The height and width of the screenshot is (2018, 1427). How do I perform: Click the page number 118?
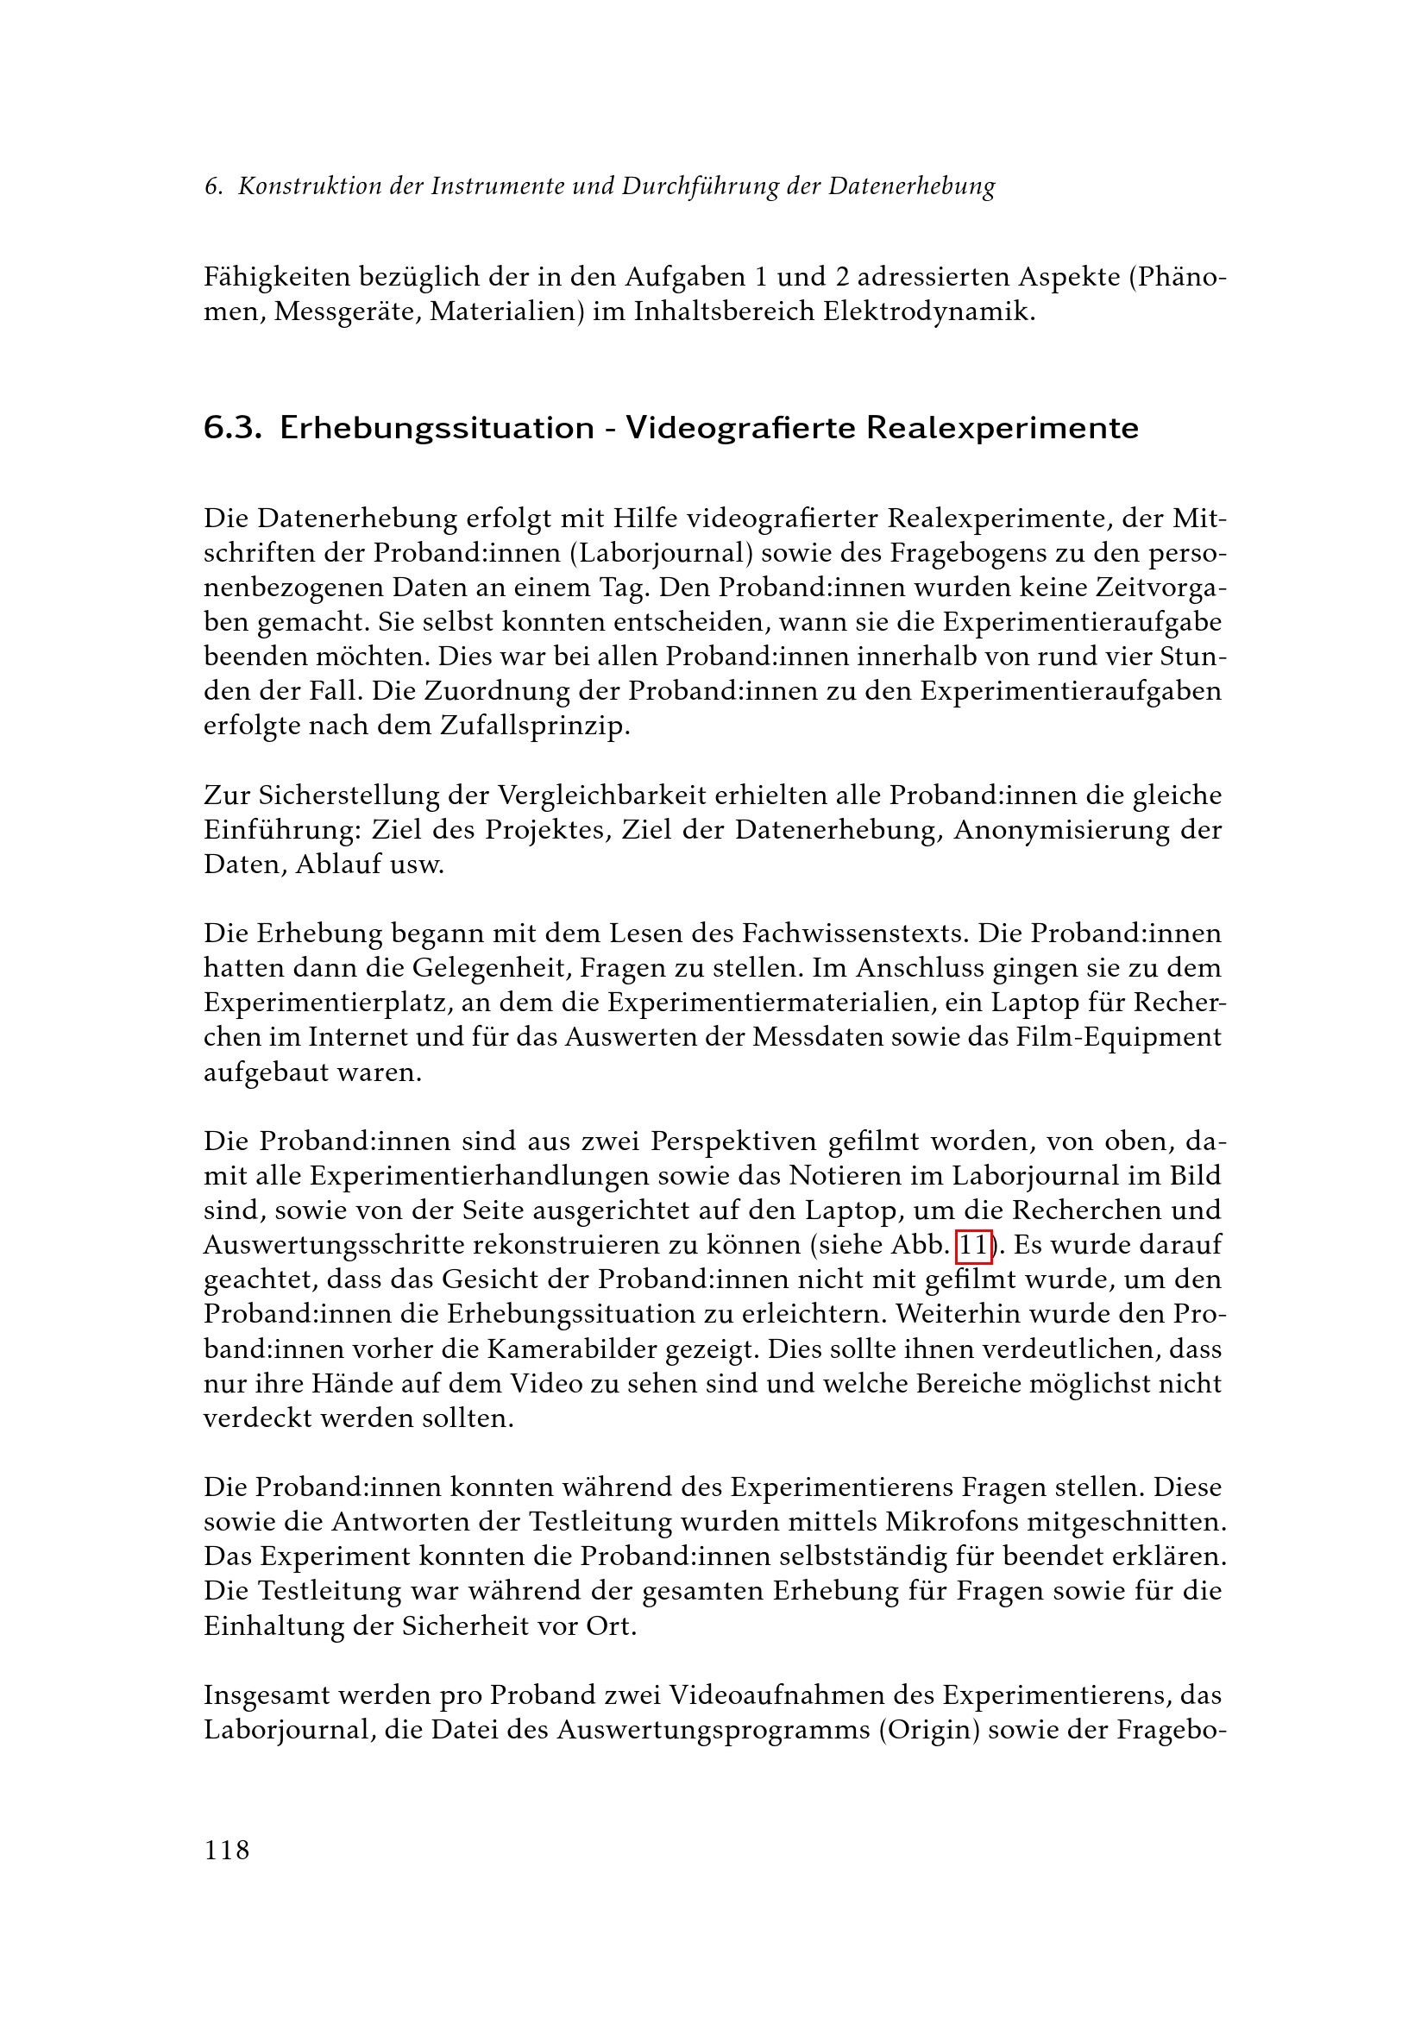[227, 1850]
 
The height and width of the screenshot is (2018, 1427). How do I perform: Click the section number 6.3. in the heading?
[233, 428]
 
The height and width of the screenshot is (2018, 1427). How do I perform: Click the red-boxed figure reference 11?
[973, 1245]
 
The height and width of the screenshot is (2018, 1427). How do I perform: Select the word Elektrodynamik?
[928, 311]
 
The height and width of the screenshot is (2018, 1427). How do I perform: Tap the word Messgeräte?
[347, 311]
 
